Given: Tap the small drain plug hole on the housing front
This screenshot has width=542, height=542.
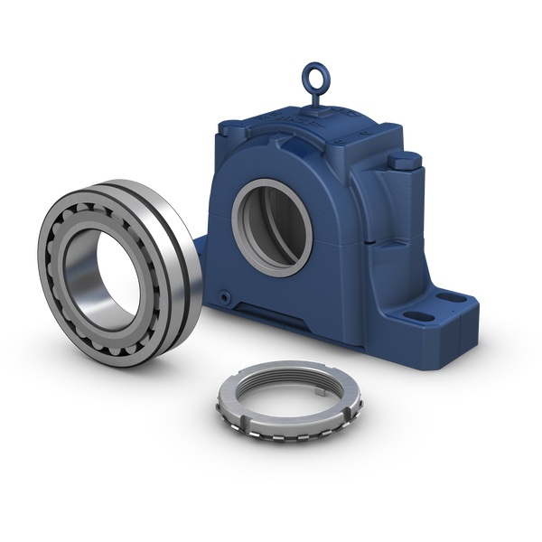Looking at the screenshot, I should pos(223,295).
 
